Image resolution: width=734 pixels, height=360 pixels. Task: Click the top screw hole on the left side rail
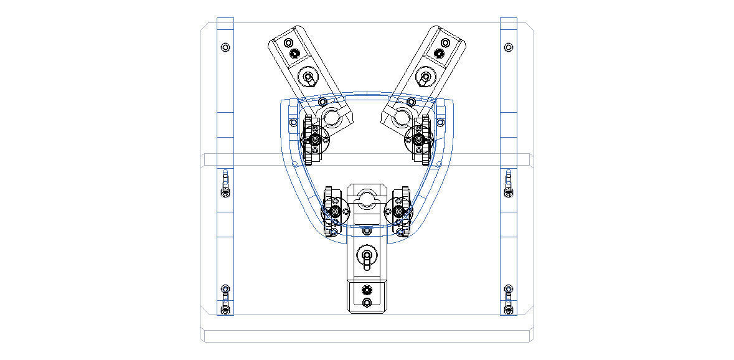point(225,47)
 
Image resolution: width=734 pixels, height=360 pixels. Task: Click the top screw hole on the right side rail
point(509,47)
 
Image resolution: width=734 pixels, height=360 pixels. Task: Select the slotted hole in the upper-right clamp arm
point(425,78)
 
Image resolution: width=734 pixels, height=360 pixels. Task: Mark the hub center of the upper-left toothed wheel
point(315,141)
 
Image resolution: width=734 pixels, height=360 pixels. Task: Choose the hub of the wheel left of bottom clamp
point(336,212)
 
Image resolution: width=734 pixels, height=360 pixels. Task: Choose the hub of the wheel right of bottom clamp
point(398,212)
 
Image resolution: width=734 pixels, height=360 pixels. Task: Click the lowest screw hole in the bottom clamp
point(367,303)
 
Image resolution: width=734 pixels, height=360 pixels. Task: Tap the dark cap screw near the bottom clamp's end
point(367,290)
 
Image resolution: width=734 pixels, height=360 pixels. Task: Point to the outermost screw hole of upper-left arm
point(288,42)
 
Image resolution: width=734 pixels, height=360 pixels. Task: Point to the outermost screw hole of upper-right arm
point(445,42)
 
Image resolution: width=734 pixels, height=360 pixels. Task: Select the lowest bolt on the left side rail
point(225,308)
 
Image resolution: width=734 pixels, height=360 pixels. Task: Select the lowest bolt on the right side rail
point(509,308)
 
